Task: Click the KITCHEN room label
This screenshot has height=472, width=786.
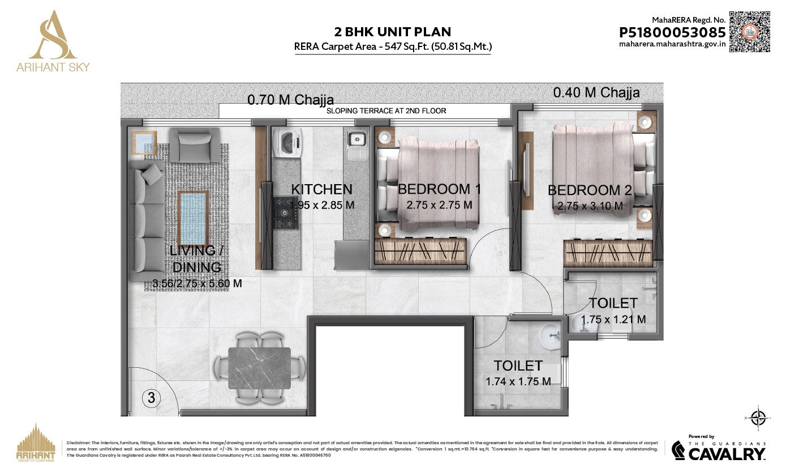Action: (321, 189)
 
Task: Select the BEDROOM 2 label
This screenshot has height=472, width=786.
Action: (590, 190)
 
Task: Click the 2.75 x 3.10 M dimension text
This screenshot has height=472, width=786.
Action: (590, 207)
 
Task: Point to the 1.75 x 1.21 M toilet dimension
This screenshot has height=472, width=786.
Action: (613, 320)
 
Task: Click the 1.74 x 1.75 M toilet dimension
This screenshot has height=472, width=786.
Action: (518, 382)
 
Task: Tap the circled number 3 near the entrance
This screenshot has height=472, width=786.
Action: (151, 398)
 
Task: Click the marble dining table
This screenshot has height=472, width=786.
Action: (259, 368)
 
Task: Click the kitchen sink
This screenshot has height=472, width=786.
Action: (358, 139)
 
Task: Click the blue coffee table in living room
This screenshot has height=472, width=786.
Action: (193, 217)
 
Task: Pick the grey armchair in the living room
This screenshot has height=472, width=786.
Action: (194, 144)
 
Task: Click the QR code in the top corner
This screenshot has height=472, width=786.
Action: (749, 31)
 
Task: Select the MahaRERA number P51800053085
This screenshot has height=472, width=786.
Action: (672, 33)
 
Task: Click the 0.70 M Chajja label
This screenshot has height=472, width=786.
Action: (290, 101)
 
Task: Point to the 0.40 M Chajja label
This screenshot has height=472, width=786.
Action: (596, 92)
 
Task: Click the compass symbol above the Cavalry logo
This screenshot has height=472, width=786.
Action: (758, 419)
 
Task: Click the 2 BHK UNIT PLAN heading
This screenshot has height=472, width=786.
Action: (393, 32)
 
